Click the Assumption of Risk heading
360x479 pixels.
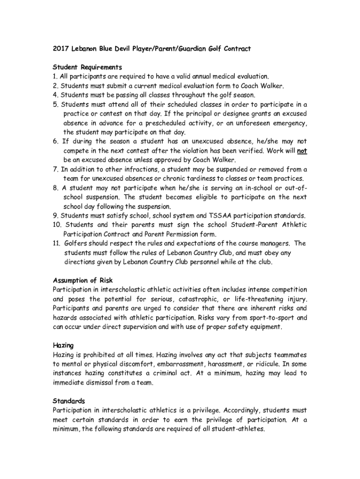coord(82,280)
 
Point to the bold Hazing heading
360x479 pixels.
coord(63,345)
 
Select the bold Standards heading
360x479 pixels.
coord(69,401)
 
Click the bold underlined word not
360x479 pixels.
coord(302,151)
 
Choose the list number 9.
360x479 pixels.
coord(55,216)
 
